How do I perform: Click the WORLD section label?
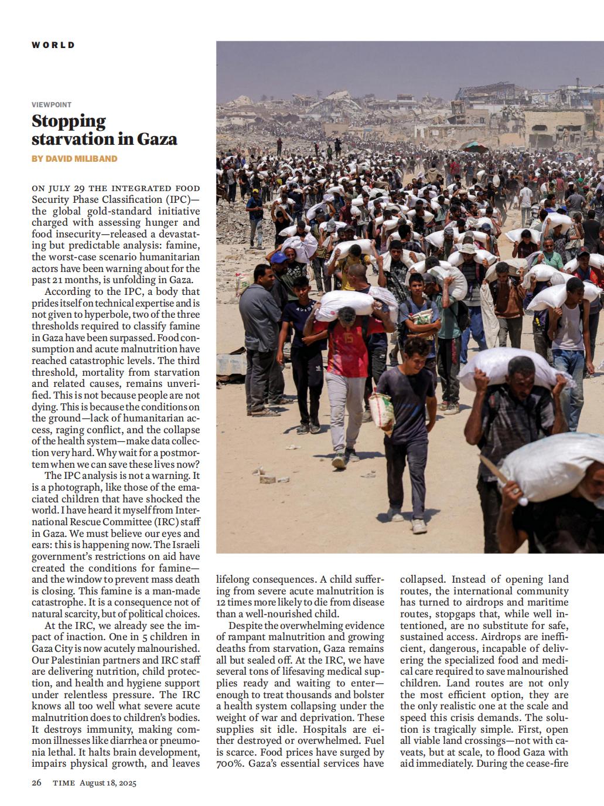[x=53, y=45]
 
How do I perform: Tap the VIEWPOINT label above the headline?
[x=52, y=105]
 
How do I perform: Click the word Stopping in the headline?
[x=69, y=121]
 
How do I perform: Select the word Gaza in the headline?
[x=156, y=139]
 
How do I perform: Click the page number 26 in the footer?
[x=36, y=783]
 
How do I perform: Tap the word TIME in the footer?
[x=63, y=783]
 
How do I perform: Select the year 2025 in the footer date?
[x=125, y=783]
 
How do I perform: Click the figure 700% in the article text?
[x=230, y=764]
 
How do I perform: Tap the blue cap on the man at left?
[x=279, y=257]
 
